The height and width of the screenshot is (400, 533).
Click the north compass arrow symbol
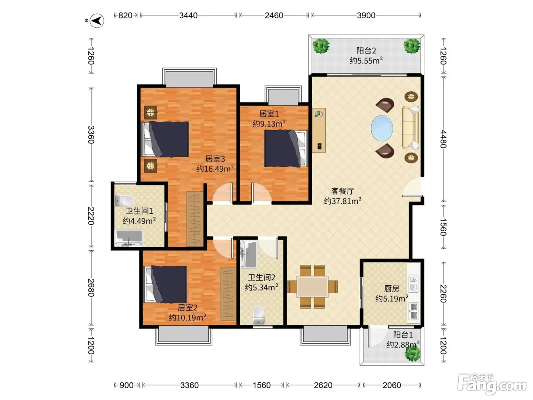(x=97, y=21)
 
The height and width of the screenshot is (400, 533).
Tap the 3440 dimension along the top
(x=188, y=16)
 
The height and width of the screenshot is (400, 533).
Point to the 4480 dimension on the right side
(x=444, y=139)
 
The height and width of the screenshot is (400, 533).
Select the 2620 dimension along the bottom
(x=323, y=385)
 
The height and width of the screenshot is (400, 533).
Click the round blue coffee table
(x=382, y=128)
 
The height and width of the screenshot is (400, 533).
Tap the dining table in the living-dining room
(x=313, y=287)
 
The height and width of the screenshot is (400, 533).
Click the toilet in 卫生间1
(x=124, y=200)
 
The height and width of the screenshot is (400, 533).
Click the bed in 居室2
(x=166, y=285)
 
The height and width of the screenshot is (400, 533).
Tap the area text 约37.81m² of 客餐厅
(x=342, y=201)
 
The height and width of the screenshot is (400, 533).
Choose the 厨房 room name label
(x=391, y=288)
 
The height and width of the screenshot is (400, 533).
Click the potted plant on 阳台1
(x=413, y=354)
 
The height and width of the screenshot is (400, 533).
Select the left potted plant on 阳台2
(x=321, y=46)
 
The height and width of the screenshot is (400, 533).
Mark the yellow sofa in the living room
(x=411, y=128)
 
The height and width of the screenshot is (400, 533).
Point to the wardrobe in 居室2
(x=228, y=294)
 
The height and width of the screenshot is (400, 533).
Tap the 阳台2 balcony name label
(x=366, y=51)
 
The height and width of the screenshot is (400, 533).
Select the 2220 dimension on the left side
(x=91, y=216)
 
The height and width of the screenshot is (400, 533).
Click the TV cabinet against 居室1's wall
(x=319, y=130)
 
